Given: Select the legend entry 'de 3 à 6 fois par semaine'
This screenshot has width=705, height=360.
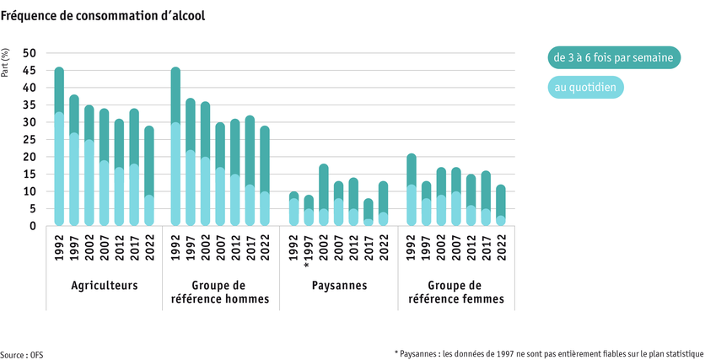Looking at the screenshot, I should pos(611,58).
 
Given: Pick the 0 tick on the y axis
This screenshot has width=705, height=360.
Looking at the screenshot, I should pos(33,226).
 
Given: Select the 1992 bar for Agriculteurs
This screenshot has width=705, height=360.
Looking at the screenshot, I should pos(59,147).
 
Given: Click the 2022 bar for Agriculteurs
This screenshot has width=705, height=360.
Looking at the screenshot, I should pos(150,176).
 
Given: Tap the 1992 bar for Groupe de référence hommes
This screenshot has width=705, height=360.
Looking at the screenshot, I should pos(175,147).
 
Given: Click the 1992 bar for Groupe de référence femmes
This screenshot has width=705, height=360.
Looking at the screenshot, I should pos(410,190).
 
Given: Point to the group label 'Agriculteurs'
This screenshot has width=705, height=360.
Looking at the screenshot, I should pos(105,286).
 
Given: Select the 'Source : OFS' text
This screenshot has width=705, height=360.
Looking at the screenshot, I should pos(22,355).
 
